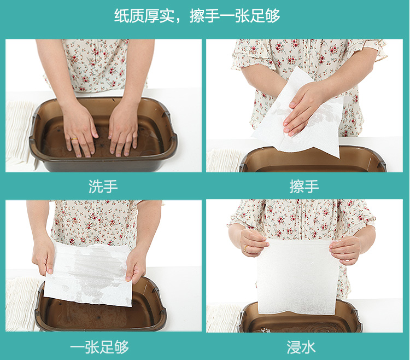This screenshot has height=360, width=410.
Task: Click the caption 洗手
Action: click(103, 186)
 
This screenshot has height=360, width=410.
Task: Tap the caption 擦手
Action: click(304, 186)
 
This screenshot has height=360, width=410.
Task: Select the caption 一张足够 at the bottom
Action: click(99, 347)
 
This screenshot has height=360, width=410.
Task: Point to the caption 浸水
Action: click(301, 347)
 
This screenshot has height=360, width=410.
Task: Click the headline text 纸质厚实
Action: click(144, 16)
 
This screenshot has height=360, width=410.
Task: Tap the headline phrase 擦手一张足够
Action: click(235, 16)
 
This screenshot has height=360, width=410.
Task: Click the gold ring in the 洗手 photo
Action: click(74, 139)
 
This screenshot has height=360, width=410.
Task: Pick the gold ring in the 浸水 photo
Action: click(246, 248)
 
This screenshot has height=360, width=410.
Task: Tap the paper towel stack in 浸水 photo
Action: click(224, 318)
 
